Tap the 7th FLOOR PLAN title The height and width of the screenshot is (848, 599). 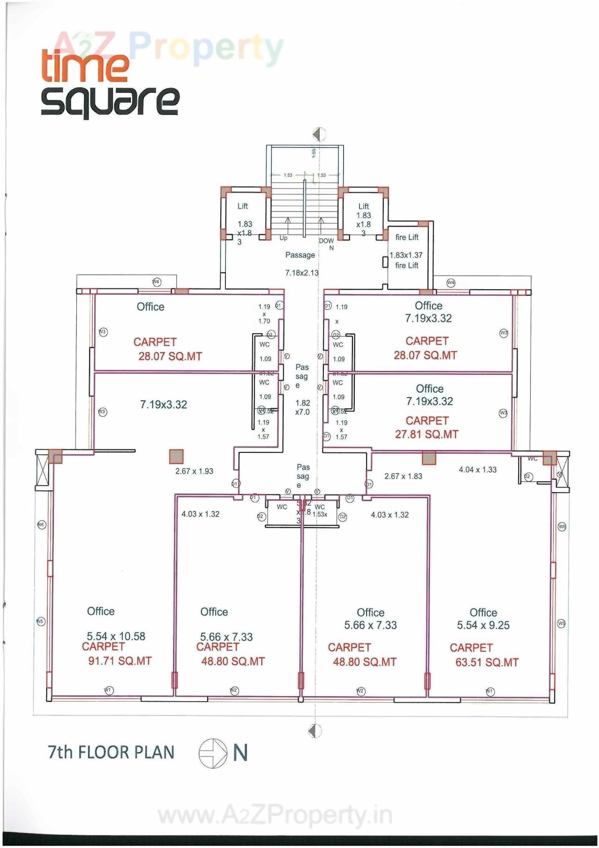(111, 752)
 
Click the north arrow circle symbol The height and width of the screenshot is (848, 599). (213, 753)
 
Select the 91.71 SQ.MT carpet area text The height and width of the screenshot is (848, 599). (120, 661)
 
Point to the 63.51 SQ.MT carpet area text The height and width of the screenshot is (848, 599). (487, 662)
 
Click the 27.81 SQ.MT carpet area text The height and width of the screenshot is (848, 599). (427, 434)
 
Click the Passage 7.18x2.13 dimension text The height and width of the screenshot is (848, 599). (302, 272)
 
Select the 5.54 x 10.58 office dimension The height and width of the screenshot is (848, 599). (116, 636)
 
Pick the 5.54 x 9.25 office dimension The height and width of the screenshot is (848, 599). (483, 625)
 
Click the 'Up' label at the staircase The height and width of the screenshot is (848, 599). (284, 238)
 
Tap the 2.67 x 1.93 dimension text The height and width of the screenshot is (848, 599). (194, 471)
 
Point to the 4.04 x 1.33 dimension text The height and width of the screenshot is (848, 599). (478, 469)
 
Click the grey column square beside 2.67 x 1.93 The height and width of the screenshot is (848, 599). (176, 456)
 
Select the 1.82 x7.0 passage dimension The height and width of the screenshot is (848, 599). (302, 407)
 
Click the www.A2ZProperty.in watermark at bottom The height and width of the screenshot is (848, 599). (275, 815)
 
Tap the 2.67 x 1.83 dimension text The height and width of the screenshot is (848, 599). (403, 476)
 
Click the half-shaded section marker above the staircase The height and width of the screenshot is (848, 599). (319, 135)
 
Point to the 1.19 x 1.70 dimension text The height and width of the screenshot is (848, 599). (264, 314)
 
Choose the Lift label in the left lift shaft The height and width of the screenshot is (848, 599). (242, 206)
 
